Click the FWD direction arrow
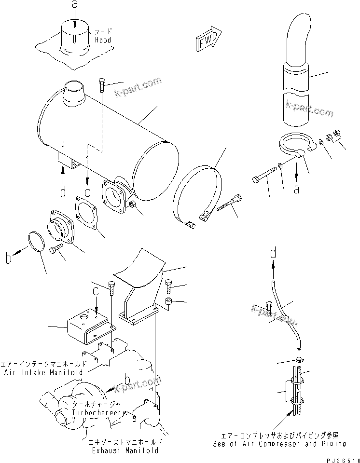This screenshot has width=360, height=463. point(208,40)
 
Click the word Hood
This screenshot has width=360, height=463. point(102,40)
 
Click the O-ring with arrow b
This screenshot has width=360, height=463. point(36,241)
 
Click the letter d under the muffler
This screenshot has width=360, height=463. point(63,192)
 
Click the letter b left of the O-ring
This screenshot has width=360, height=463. point(8,259)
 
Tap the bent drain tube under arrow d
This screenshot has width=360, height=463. point(286,313)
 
